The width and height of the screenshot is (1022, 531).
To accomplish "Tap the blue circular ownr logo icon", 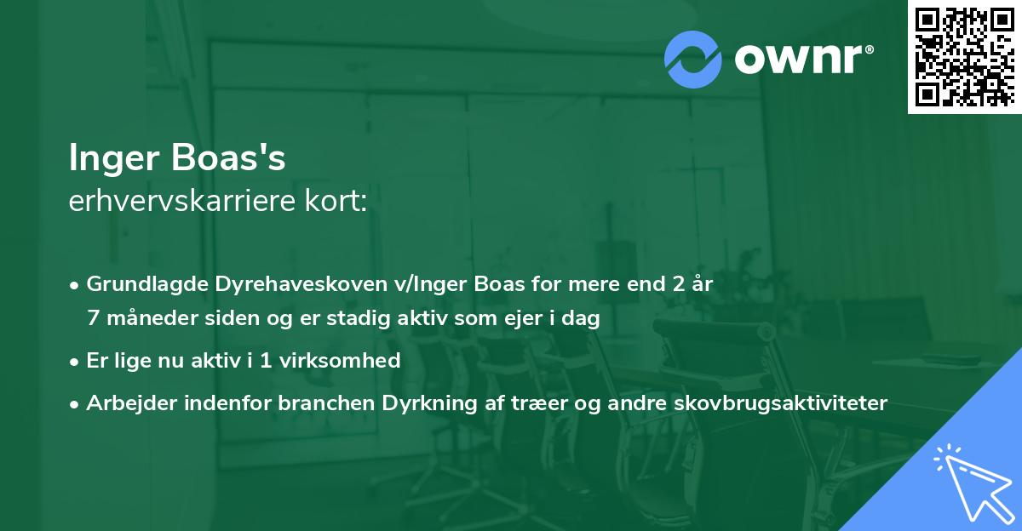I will (693, 60).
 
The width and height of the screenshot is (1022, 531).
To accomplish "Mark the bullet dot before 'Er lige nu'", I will (76, 361).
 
